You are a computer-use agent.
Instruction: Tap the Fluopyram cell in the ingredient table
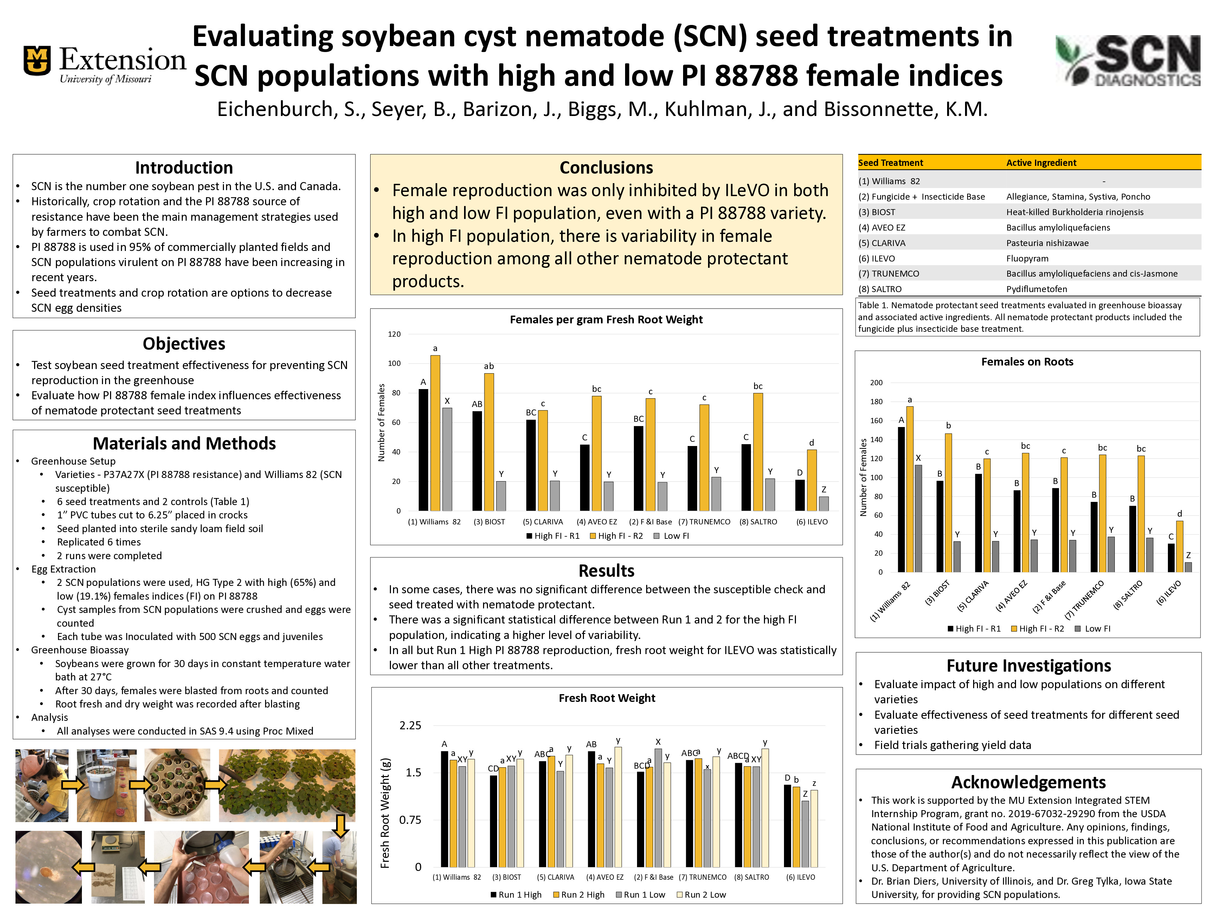click(x=1027, y=258)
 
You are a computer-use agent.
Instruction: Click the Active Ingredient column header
click(x=1041, y=162)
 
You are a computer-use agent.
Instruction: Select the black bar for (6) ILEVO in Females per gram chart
click(x=800, y=495)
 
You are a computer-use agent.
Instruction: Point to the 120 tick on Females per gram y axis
click(x=394, y=334)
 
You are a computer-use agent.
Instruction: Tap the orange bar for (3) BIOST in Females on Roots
click(x=948, y=503)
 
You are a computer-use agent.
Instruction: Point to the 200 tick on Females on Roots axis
click(x=876, y=383)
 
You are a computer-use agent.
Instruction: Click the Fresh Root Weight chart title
click(x=606, y=698)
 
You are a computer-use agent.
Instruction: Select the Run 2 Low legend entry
click(x=701, y=894)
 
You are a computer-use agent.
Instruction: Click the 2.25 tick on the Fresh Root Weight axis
click(x=410, y=725)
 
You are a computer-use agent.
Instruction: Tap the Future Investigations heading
click(x=1028, y=666)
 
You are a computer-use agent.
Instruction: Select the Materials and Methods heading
click(x=184, y=443)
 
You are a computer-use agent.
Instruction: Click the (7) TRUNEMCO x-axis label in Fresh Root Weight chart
click(x=702, y=877)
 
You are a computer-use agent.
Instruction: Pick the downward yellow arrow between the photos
click(x=341, y=825)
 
